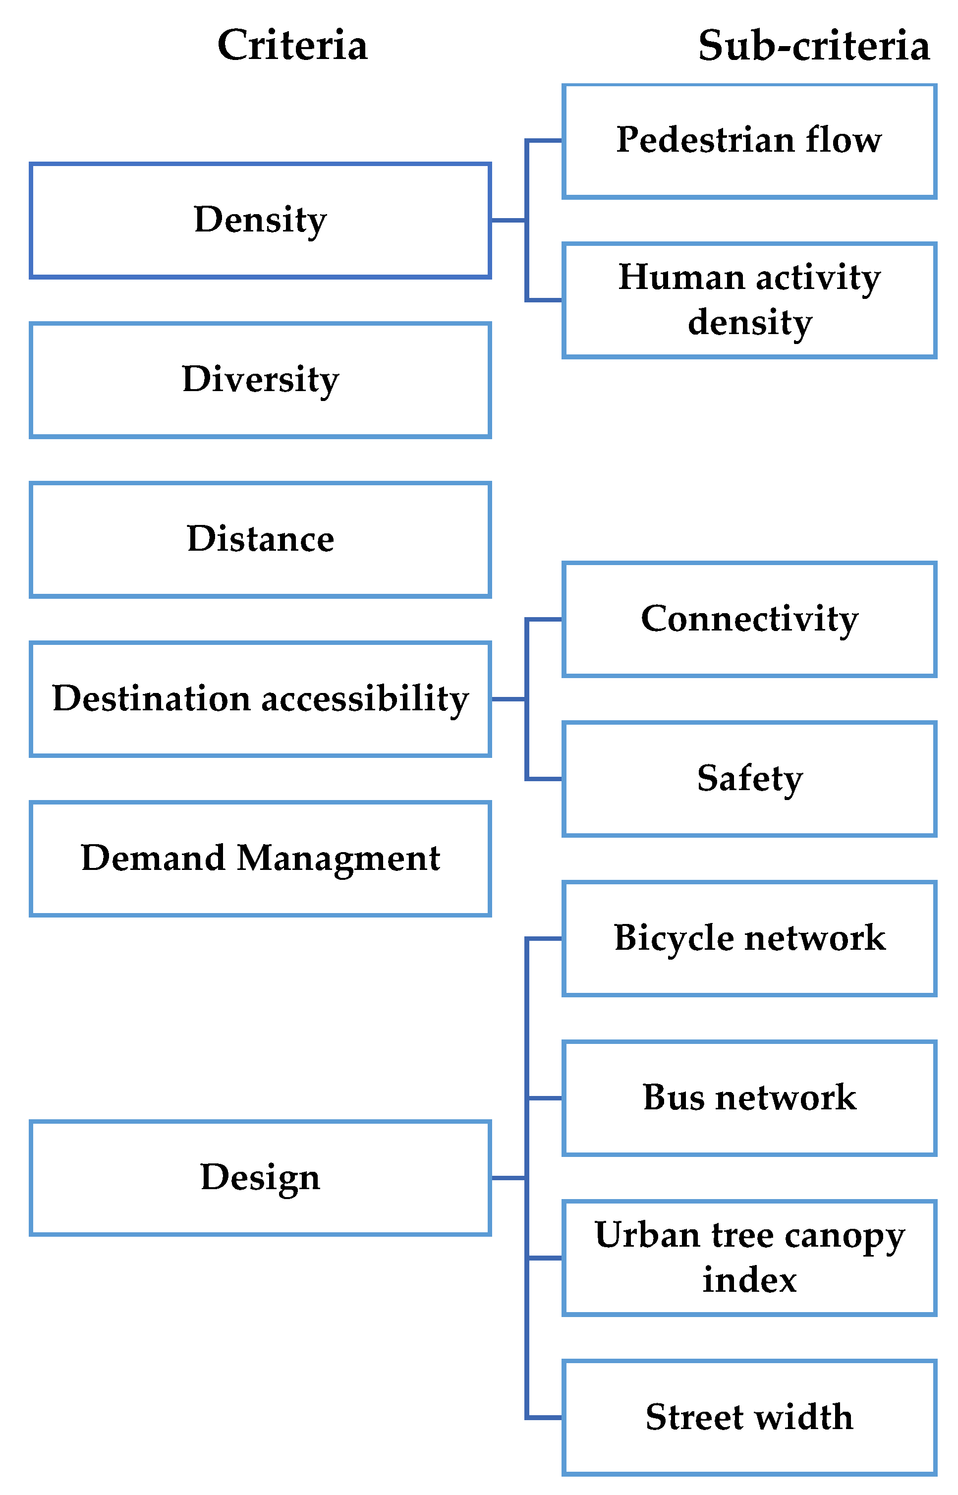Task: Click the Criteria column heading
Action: click(x=292, y=46)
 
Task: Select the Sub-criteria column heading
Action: click(x=813, y=46)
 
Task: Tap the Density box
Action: click(x=260, y=220)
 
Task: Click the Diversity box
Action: click(x=260, y=380)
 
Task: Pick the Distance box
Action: click(x=260, y=539)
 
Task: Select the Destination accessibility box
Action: click(x=260, y=698)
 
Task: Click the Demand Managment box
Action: click(x=260, y=859)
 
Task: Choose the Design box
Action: click(x=260, y=1178)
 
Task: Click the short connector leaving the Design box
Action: click(x=508, y=1178)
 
